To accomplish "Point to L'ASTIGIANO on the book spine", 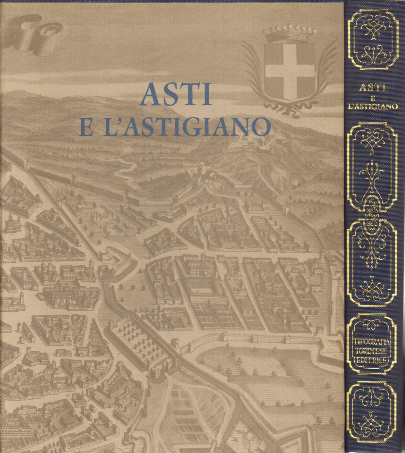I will click(x=372, y=106).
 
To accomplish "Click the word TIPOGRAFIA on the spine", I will click(x=372, y=343).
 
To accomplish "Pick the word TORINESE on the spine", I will click(x=372, y=352).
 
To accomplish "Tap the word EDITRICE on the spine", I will click(x=372, y=361).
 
